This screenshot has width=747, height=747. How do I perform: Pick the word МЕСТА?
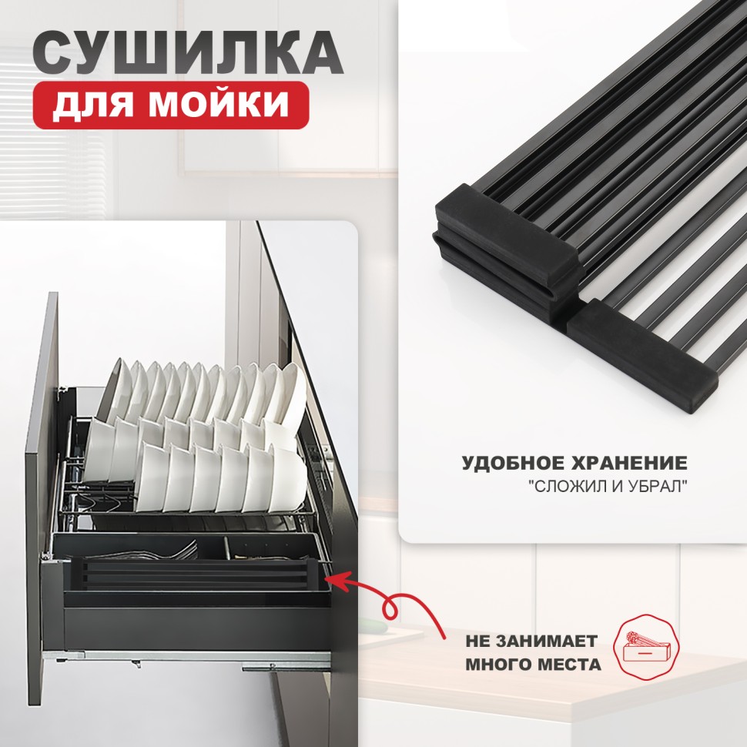(x=566, y=665)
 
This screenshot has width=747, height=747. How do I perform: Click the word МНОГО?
(x=496, y=665)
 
